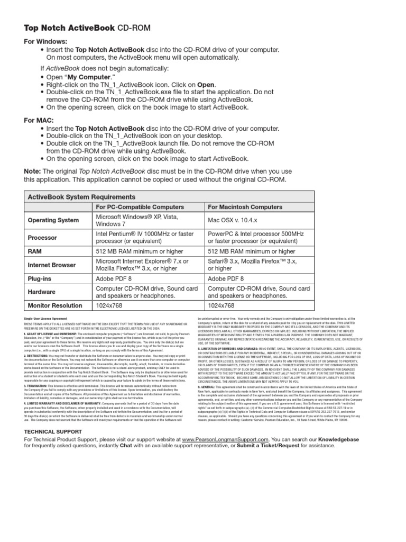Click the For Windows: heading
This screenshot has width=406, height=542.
45,41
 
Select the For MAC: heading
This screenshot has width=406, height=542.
37,120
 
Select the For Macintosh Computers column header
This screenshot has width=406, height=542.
245,207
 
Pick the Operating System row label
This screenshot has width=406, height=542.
53,220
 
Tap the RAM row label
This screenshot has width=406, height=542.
35,252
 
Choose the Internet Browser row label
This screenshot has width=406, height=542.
51,265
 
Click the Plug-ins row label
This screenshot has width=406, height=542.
41,278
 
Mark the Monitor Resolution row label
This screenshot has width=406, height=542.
58,305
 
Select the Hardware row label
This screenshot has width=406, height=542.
42,292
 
